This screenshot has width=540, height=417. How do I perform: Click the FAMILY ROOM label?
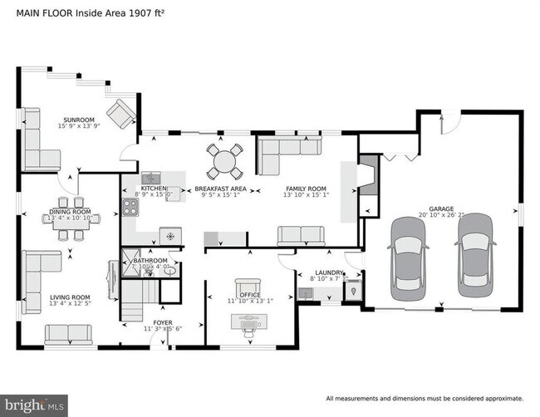tap(306, 189)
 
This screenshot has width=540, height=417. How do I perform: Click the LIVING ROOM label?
tap(70, 297)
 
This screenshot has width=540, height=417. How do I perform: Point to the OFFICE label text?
tap(250, 295)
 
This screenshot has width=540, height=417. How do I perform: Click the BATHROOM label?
tap(150, 261)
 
